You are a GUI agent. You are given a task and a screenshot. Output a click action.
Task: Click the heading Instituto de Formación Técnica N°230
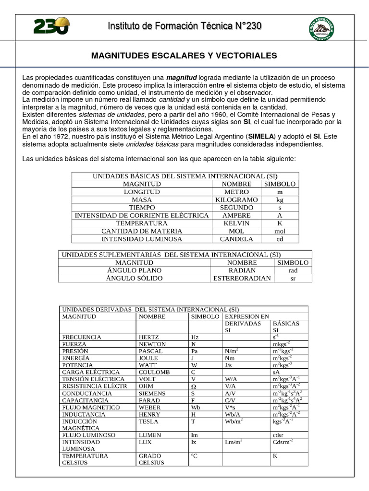click(184, 26)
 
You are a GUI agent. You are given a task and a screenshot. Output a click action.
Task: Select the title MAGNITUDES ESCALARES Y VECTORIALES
click(184, 56)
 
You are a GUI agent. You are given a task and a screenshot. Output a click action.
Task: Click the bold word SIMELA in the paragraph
click(261, 137)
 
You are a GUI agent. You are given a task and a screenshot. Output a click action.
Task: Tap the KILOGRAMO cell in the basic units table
click(236, 199)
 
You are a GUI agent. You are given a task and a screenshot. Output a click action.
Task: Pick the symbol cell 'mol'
click(280, 231)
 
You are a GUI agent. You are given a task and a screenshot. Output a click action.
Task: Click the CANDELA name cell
click(236, 239)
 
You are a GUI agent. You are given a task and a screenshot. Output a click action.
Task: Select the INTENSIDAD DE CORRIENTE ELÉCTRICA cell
click(142, 215)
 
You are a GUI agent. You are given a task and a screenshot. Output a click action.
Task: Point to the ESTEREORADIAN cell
click(242, 278)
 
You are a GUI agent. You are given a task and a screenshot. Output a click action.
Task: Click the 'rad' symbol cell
click(293, 270)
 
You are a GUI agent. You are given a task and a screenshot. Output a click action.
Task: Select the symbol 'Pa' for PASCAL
click(195, 351)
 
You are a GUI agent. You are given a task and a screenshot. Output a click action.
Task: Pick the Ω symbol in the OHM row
click(194, 386)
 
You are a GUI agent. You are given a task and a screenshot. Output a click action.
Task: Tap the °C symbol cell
click(195, 456)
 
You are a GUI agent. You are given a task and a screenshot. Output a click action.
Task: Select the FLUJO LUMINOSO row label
click(88, 435)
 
